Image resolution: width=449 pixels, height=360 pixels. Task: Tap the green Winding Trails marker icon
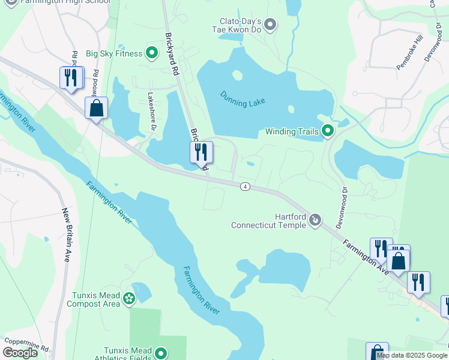point(328,130)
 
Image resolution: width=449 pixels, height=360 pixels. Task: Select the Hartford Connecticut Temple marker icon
point(315,221)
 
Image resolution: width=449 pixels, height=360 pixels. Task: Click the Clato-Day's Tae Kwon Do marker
point(270,25)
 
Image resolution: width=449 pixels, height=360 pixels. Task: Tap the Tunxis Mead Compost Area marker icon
point(128,298)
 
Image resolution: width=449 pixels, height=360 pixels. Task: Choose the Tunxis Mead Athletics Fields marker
point(160,353)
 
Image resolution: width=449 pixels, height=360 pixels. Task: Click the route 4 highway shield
point(245,187)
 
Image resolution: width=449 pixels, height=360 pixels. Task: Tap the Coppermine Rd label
point(26,348)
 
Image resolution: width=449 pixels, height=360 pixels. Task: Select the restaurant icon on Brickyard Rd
point(201,152)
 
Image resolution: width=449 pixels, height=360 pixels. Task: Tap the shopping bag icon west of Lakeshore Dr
point(96,108)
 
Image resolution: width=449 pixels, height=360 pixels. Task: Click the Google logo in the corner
point(20,353)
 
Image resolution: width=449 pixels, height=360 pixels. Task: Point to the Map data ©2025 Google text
point(412,355)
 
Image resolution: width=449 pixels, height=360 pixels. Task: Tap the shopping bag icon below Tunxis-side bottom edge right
point(376,352)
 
